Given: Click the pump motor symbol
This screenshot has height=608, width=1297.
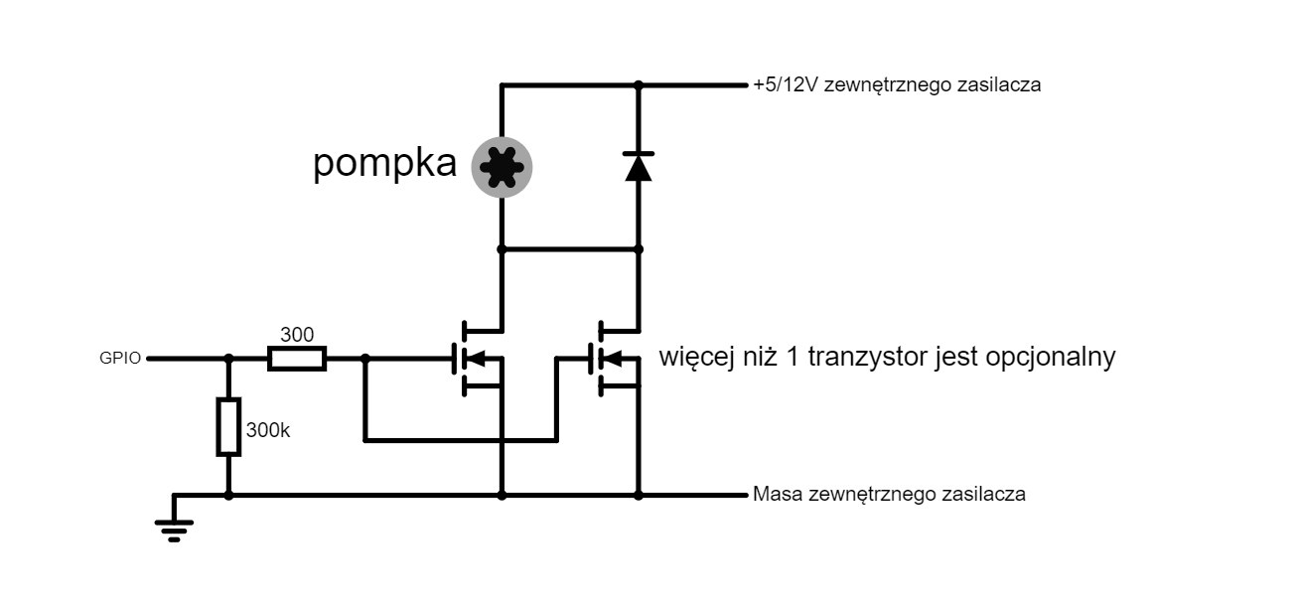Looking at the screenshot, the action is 502,167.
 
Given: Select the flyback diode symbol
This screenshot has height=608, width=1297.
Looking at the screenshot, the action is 639,167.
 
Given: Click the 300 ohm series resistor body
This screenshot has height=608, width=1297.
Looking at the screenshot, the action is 297,359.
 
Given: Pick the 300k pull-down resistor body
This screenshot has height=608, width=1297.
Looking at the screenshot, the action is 228,427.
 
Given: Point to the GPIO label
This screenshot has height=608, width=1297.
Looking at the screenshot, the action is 120,359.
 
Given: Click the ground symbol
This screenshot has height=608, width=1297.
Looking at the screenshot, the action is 174,531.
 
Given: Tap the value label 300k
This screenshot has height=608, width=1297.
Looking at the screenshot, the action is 267,430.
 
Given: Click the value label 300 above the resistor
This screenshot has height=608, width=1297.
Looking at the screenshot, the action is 297,335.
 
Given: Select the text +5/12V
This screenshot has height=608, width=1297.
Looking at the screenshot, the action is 786,85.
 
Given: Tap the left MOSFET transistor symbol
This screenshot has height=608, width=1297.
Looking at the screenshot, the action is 478,359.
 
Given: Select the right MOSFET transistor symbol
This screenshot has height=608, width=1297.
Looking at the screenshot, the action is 615,359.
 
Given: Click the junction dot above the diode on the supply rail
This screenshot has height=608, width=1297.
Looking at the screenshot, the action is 639,85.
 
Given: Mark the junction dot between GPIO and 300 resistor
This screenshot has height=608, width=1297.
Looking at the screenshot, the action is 228,359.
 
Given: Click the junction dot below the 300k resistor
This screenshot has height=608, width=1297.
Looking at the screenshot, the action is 228,495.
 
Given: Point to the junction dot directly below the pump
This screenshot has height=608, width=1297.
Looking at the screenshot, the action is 502,249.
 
